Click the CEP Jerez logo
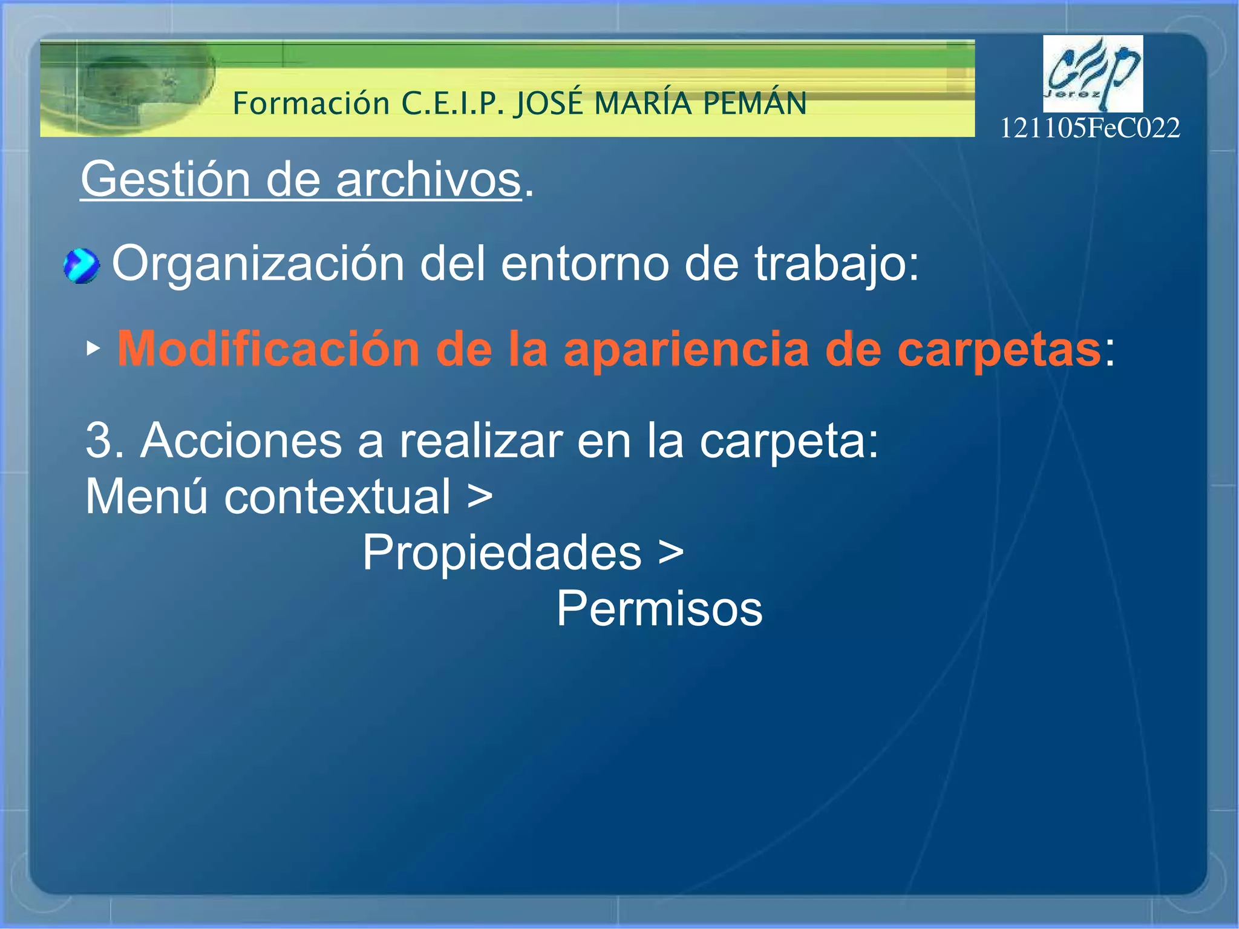click(x=1093, y=74)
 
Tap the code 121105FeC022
click(x=1090, y=128)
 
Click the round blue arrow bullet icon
click(x=81, y=266)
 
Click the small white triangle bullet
click(x=93, y=349)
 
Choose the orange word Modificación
click(x=268, y=349)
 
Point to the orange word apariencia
click(x=686, y=349)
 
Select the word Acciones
click(x=241, y=441)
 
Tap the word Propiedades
click(x=502, y=552)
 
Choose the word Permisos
click(x=659, y=609)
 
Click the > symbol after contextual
click(x=480, y=496)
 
